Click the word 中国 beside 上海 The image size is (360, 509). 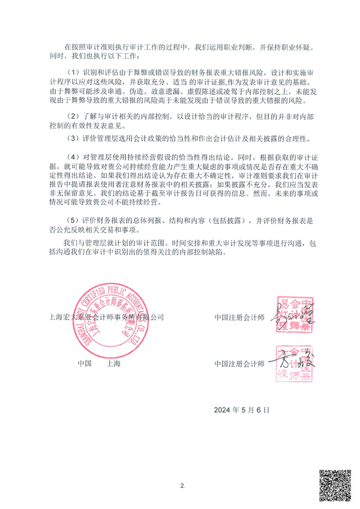(83, 364)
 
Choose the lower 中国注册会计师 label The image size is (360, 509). (239, 364)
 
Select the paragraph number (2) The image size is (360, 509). (72, 115)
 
